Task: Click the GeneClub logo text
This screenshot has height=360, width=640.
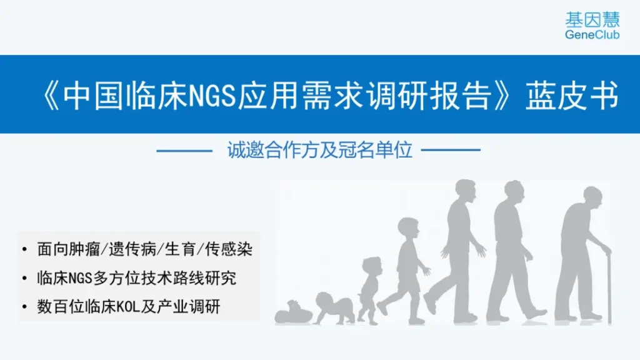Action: (592, 35)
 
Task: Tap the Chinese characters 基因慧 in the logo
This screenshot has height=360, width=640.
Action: (592, 19)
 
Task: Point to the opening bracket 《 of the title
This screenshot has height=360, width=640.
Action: (51, 96)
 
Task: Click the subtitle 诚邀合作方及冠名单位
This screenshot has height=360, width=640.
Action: (319, 150)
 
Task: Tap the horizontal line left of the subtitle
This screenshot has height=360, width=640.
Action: (184, 151)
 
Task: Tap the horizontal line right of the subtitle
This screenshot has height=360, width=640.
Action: (451, 150)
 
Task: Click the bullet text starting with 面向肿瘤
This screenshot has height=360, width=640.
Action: (145, 249)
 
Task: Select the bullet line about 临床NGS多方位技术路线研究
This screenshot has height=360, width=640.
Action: (137, 278)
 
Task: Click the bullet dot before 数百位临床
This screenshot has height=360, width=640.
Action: (25, 306)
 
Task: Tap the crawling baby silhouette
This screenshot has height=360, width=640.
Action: (334, 308)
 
